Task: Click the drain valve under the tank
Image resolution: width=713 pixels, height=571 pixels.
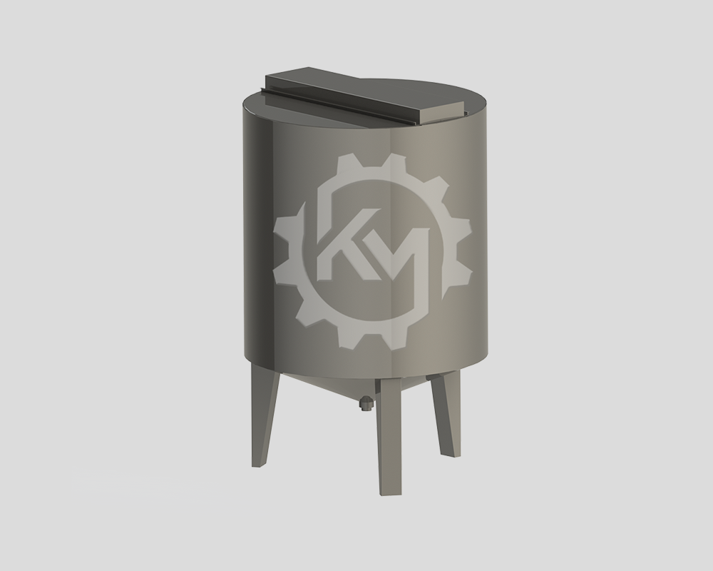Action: [x=366, y=404]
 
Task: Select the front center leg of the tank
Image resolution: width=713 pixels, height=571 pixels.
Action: [x=391, y=433]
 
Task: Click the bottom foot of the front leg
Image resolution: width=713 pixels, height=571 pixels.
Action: [x=391, y=492]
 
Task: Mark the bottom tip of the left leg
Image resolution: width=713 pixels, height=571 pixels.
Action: [x=257, y=465]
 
